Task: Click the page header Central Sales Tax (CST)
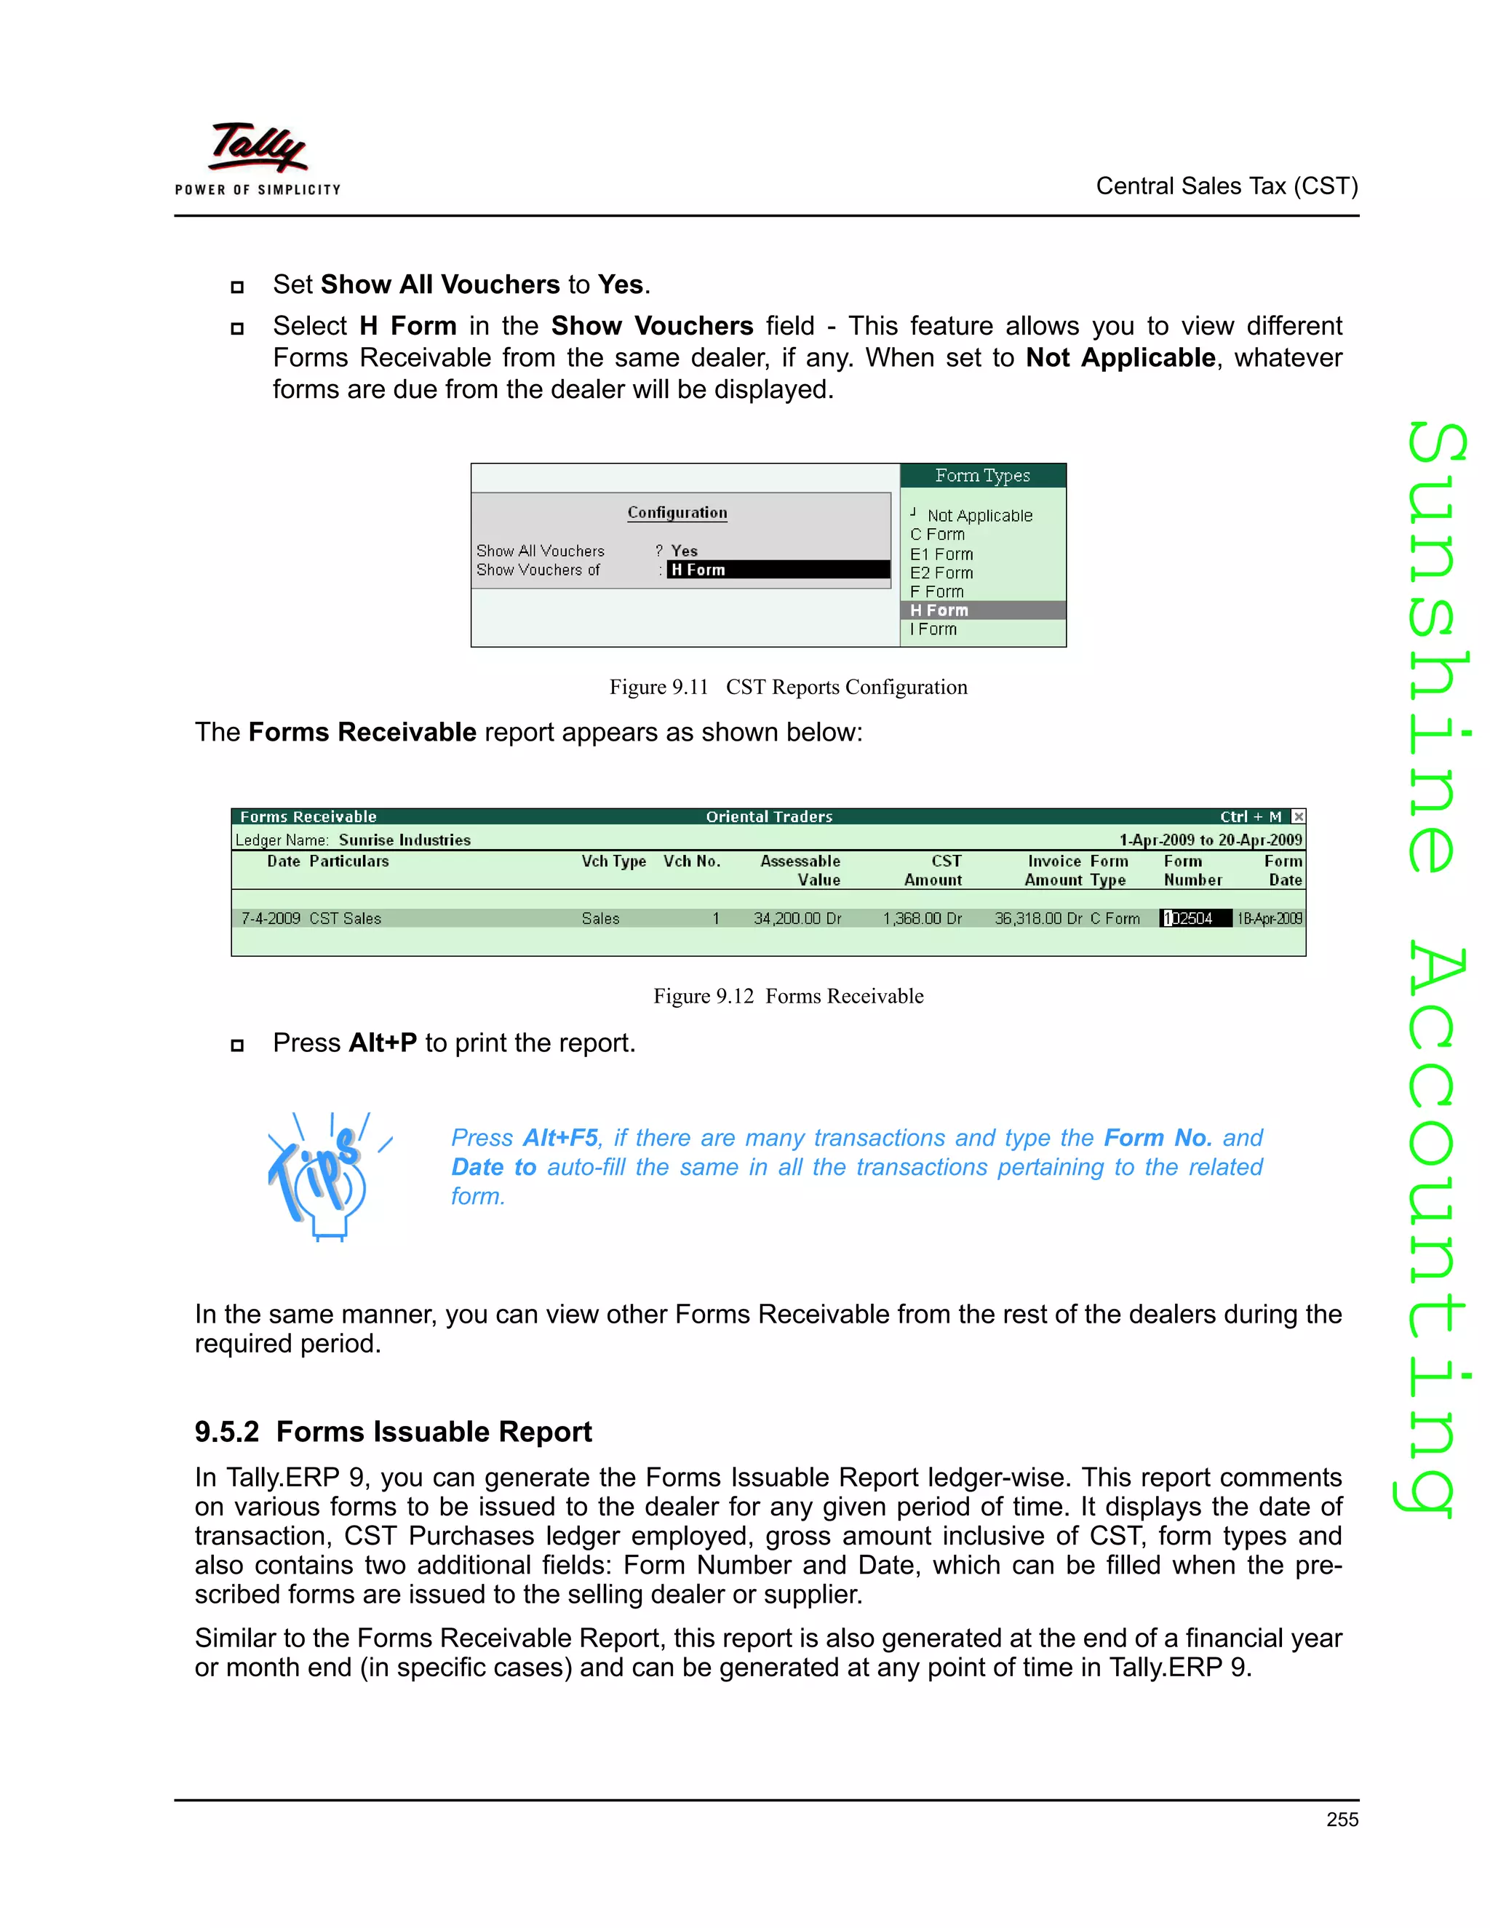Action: coord(1226,186)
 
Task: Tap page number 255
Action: coord(1342,1820)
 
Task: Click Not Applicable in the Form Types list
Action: coord(979,516)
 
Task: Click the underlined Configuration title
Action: coord(677,513)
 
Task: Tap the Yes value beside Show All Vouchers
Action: coord(684,551)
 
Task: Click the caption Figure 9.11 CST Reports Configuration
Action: coord(787,687)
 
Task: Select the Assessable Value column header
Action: coord(800,870)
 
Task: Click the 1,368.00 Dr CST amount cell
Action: coord(922,918)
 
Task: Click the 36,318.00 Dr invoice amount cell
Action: coord(1038,918)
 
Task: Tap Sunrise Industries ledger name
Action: coord(405,840)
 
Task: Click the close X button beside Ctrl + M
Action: coord(1298,816)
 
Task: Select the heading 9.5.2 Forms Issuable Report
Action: coord(393,1431)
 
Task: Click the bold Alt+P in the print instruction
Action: coord(382,1043)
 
